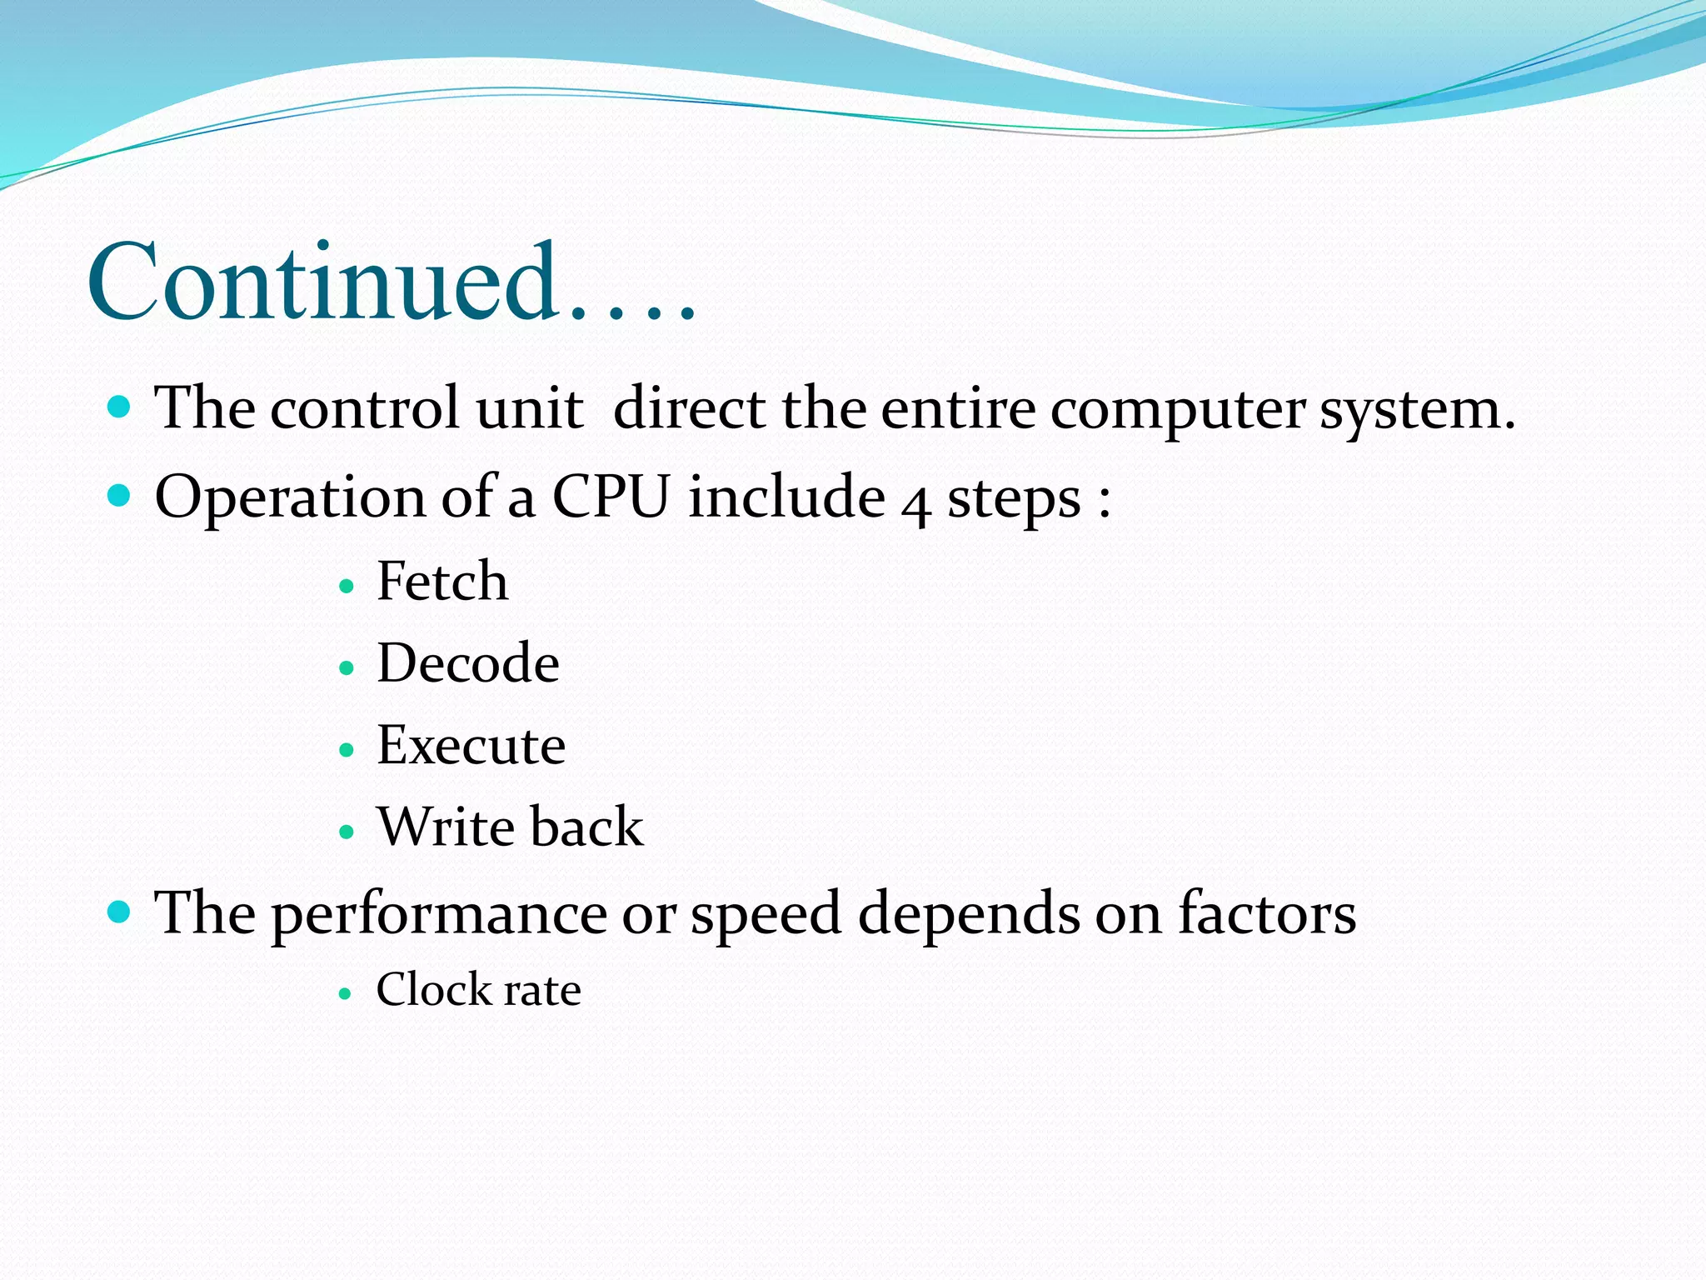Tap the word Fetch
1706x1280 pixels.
pyautogui.click(x=441, y=581)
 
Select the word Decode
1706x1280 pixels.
pyautogui.click(x=468, y=663)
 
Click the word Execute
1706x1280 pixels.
pyautogui.click(x=471, y=745)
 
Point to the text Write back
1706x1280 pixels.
pyautogui.click(x=510, y=827)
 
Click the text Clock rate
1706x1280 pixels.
pyautogui.click(x=478, y=990)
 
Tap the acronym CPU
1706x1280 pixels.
pyautogui.click(x=611, y=497)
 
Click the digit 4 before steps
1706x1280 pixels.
pyautogui.click(x=915, y=502)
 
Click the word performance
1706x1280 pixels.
pyautogui.click(x=439, y=914)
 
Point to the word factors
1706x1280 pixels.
pyautogui.click(x=1266, y=912)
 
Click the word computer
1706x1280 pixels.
pyautogui.click(x=1177, y=410)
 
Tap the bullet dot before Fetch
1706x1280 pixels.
pyautogui.click(x=347, y=587)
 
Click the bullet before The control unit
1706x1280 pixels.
pyautogui.click(x=120, y=407)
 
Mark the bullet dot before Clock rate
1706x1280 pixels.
pyautogui.click(x=346, y=994)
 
